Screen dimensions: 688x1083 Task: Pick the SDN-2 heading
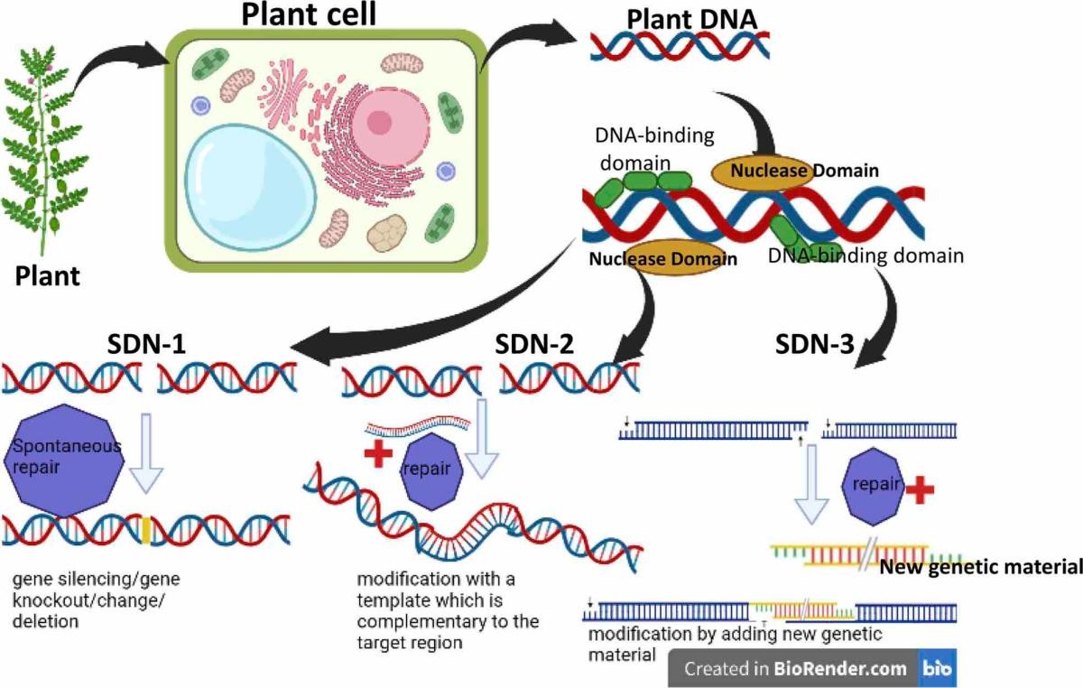coord(535,344)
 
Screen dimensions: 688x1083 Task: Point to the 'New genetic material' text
coord(980,567)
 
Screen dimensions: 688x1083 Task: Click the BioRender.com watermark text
coord(794,669)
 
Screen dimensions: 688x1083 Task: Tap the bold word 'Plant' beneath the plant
coord(47,276)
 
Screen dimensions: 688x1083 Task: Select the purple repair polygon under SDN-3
coord(872,485)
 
